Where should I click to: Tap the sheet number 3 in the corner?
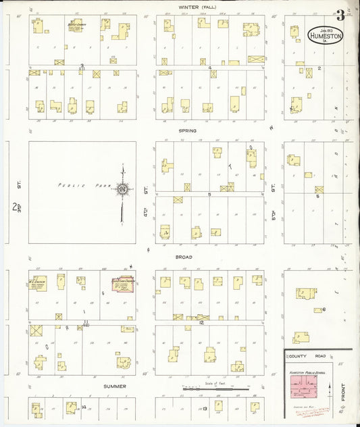point(340,16)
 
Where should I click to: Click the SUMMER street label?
point(115,386)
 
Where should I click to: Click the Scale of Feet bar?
point(209,388)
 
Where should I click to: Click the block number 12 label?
point(201,323)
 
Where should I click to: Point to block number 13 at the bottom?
point(204,409)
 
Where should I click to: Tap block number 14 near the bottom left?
point(82,407)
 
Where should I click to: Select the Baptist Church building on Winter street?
point(76,25)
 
